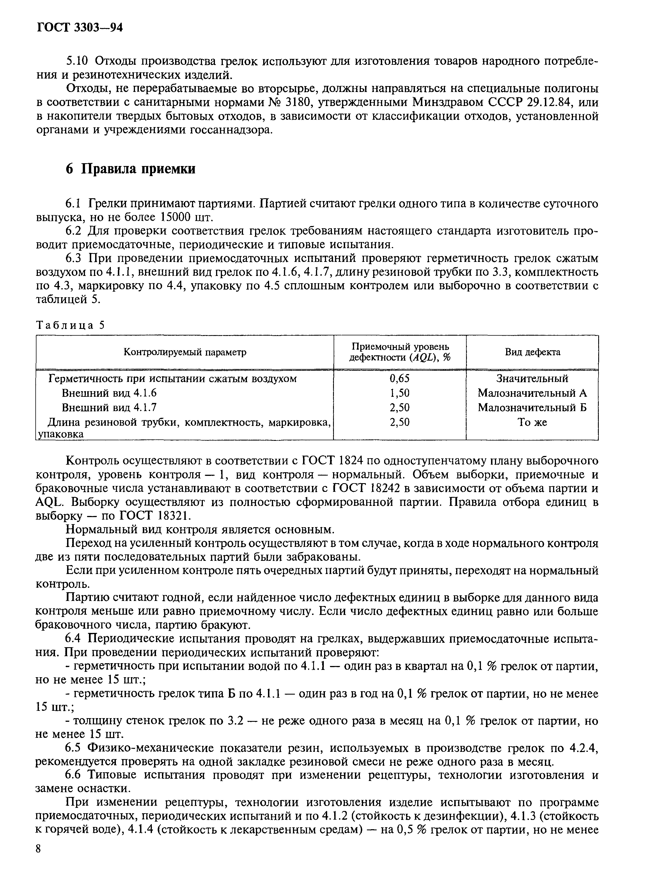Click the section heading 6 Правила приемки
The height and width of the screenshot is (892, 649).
pos(130,169)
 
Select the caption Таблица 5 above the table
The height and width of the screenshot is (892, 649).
pos(71,325)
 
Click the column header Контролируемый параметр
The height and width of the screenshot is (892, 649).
pos(185,352)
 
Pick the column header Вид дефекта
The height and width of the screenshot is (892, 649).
pos(532,352)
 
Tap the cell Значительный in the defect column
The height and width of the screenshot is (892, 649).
pos(532,378)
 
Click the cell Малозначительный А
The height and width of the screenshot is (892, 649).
pos(532,393)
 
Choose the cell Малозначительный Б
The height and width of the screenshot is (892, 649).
pos(532,407)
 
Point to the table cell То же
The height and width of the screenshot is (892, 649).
pos(532,422)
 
